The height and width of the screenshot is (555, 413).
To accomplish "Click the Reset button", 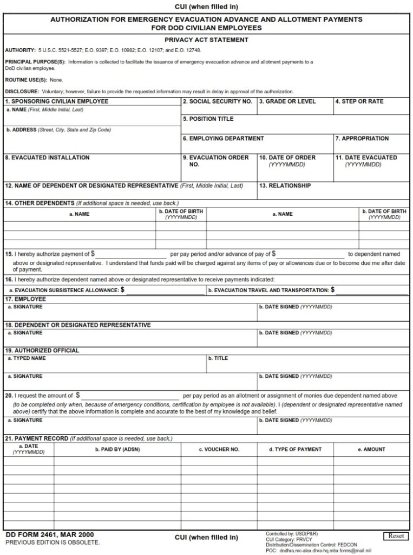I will (396, 536).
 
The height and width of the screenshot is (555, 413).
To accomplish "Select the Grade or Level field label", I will (287, 101).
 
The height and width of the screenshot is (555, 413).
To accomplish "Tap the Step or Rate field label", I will (359, 101).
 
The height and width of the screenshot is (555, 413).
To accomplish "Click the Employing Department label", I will (223, 138).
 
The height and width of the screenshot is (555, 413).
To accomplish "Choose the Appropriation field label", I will (362, 138).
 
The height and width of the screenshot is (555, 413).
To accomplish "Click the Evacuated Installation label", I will (47, 158).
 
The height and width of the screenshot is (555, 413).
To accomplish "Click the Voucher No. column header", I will (219, 449).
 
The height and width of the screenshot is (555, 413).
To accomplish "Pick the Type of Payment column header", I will (295, 449).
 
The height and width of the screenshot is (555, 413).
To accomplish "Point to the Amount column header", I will (371, 449).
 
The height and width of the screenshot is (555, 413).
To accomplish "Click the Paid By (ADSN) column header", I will (117, 449).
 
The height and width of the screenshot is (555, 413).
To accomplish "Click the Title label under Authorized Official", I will (218, 358).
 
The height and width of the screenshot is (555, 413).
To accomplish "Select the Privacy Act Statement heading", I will (206, 40).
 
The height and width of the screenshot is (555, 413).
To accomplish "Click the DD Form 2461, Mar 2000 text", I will (49, 534).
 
